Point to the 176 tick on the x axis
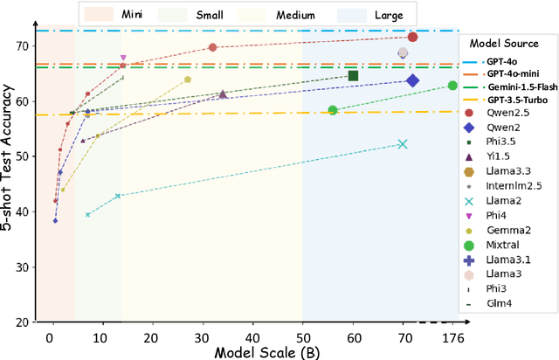[x=452, y=337]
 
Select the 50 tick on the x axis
[x=302, y=337]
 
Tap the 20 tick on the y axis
[x=23, y=322]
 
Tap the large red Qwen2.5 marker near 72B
[x=412, y=37]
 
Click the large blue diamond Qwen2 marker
[x=412, y=81]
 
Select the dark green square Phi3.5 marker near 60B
[x=353, y=76]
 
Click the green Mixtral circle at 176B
[x=452, y=86]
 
